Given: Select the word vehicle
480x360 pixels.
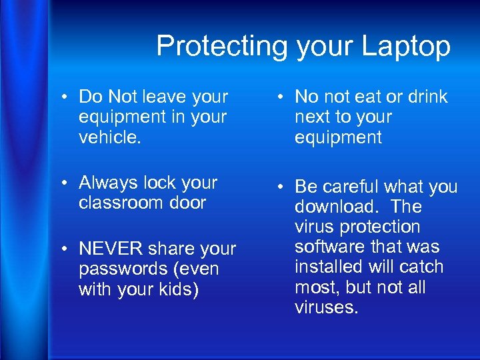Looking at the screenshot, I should tap(109, 137).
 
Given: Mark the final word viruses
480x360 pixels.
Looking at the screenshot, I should tap(327, 307).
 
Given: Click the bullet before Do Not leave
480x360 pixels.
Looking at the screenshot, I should tap(69, 97).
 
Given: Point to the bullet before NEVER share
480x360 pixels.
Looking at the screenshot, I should tap(69, 249).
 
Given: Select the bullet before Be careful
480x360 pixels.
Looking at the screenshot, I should tap(285, 187).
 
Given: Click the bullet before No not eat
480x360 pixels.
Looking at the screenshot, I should tap(285, 97).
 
